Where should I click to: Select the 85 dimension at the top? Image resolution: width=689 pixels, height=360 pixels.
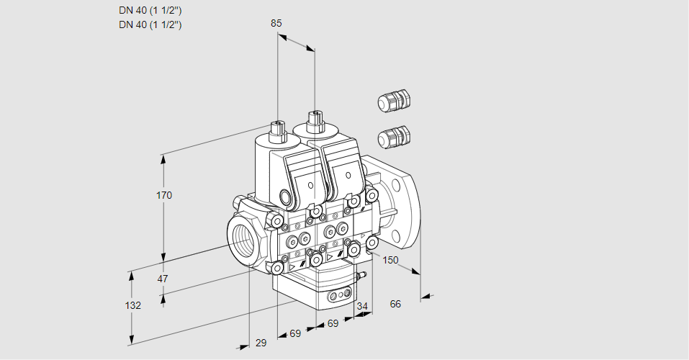coord(276,23)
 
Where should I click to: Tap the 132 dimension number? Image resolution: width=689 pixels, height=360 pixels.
coord(132,305)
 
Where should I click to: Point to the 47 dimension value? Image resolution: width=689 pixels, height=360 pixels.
coord(163,279)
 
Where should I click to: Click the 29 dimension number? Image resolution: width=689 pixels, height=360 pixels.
coord(261,343)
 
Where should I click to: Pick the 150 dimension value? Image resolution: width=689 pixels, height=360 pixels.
coord(390,260)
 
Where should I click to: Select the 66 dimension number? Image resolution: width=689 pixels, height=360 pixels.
coord(395,304)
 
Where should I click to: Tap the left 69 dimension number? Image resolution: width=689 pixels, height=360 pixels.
coord(294,334)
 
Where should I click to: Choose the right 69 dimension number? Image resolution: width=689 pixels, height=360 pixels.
coord(333,324)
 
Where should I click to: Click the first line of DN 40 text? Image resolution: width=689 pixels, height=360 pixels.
coord(150,11)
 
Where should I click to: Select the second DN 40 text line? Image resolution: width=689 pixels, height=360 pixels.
coord(150,24)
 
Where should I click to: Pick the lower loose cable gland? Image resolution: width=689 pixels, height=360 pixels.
coord(393,136)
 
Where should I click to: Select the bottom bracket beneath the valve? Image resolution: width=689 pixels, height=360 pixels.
coord(317,292)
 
